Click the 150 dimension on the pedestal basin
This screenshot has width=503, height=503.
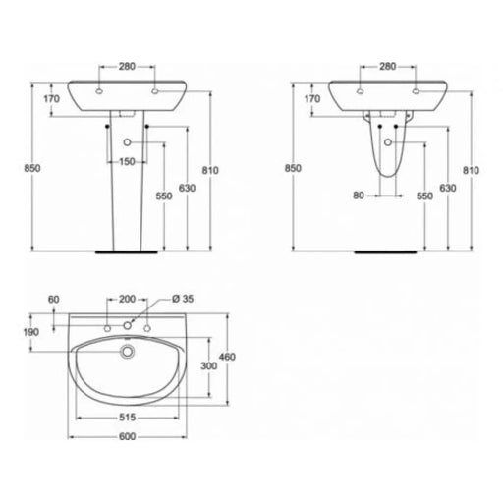127,162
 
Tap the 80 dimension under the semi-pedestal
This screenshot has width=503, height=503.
359,196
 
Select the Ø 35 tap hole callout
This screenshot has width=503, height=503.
183,299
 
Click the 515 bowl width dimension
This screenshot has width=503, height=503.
127,418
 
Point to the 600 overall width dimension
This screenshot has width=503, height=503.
127,436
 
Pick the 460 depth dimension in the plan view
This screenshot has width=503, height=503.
227,357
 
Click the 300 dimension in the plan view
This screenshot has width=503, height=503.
208,365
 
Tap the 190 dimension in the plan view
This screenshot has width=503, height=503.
31,332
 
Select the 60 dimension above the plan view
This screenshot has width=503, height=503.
54,300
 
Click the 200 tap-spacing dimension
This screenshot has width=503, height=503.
127,299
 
